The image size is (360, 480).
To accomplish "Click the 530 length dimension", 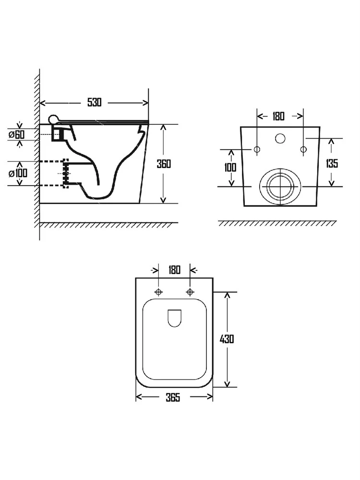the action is pos(94,102).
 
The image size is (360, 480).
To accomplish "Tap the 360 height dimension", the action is pos(164,164).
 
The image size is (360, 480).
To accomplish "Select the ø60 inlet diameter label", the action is pos(17,134).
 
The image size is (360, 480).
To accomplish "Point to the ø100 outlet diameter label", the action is pos(18,173).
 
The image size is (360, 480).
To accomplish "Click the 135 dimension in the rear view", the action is pos(332,163).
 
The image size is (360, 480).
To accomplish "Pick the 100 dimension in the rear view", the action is pos(230,167).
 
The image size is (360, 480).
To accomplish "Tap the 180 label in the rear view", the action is pos(278,116).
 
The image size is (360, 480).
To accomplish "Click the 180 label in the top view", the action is pos(174,270).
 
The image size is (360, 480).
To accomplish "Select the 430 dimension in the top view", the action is pos(227,339).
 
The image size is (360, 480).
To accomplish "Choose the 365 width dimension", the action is pos(173,397).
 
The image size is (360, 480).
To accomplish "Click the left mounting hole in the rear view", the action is pos(257,149).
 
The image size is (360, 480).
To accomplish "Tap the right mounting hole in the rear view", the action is pos(303,149).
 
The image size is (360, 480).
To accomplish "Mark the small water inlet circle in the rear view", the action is pos(280,138).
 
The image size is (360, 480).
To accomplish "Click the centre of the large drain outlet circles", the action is pos(280,186).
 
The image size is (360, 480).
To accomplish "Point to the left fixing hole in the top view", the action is pos(158,292).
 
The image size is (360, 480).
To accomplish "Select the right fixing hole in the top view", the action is pos(190,292).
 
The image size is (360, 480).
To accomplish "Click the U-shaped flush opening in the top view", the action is pos(175,326).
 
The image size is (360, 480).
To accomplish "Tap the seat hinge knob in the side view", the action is pos(53,119).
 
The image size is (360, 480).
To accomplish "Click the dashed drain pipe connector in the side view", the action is pos(65,173).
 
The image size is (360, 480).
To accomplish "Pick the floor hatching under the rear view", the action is pos(277,223).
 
